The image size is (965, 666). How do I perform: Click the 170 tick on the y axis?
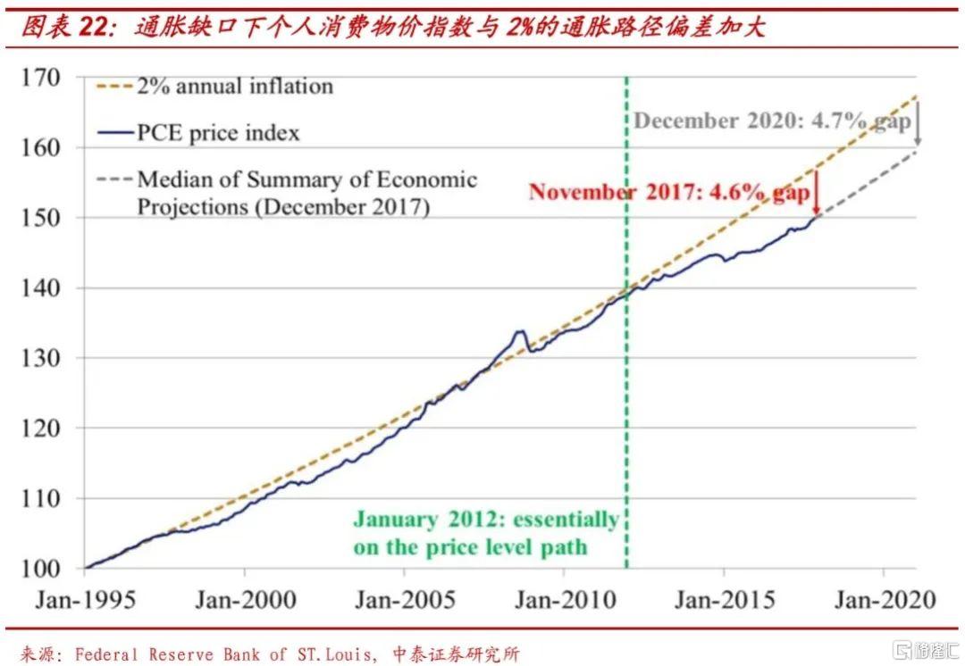pos(43,78)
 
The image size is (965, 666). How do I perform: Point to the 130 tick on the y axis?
pos(43,358)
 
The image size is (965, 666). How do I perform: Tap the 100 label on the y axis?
pos(43,569)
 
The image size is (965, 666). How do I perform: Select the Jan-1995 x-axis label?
pos(86,599)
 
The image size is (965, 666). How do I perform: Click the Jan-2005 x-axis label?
pos(405,599)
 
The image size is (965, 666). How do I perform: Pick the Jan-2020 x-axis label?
pos(885,599)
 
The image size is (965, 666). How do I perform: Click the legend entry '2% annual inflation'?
pos(234,87)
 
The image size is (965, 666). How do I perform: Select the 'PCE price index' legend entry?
pos(218,134)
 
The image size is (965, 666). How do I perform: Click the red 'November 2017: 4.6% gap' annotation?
pos(668,192)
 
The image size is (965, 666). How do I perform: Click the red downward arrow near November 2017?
pos(815,195)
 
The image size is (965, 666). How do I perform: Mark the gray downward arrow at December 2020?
pos(917,127)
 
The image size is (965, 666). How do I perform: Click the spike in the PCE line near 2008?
pos(519,332)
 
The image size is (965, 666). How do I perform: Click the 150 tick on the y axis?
pos(43,218)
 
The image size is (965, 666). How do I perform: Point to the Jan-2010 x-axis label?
pos(565,599)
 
